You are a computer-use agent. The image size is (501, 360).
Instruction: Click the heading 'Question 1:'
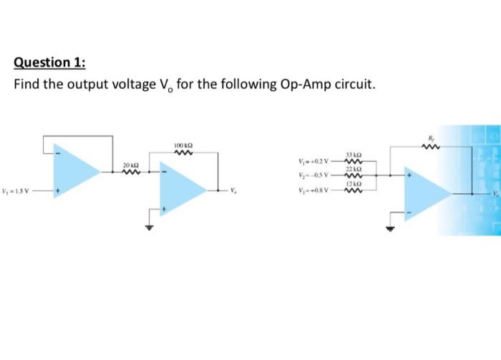coord(50,62)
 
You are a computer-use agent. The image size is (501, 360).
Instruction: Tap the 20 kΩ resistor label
coord(130,165)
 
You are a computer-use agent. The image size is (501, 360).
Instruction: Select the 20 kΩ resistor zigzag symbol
coord(130,172)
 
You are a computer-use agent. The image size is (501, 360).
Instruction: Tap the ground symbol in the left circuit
coord(150,228)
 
